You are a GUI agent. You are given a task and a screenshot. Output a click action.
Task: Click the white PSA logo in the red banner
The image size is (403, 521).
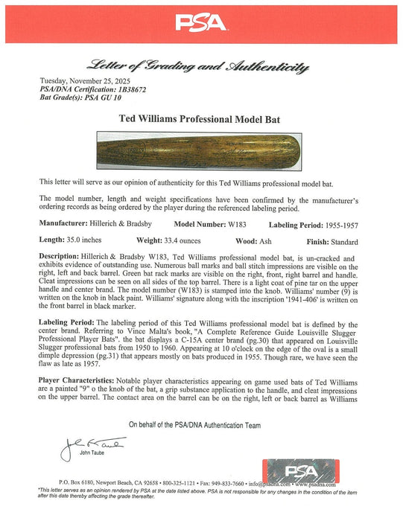(x=201, y=23)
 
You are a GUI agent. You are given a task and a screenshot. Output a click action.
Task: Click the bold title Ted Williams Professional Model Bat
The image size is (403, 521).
(x=201, y=118)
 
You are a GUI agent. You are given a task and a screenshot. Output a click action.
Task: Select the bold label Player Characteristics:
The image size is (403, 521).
(x=80, y=379)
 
